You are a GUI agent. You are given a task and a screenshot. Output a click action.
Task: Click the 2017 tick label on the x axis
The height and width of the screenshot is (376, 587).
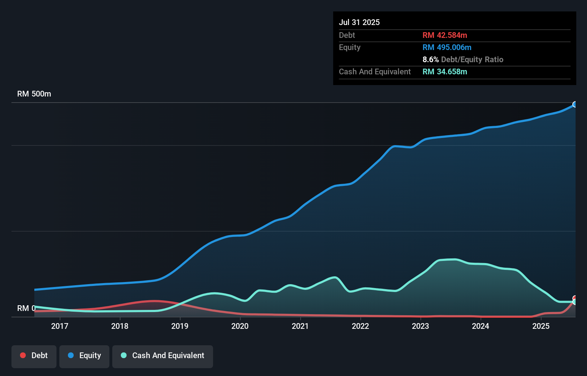60,326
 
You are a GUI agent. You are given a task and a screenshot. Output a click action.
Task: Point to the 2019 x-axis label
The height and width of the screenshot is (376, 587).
180,326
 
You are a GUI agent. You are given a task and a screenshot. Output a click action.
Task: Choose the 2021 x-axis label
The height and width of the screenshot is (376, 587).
300,326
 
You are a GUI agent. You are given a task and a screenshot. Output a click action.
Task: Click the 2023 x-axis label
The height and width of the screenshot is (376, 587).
420,326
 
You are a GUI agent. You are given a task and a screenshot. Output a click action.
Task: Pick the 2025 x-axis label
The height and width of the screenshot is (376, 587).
541,326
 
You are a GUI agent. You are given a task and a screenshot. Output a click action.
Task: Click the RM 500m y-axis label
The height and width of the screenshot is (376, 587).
34,94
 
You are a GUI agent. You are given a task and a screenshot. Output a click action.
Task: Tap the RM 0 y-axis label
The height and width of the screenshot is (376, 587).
26,308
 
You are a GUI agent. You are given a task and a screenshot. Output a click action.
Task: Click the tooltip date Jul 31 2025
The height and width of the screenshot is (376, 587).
359,22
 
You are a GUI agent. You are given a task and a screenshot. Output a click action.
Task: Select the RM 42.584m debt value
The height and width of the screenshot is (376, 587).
445,35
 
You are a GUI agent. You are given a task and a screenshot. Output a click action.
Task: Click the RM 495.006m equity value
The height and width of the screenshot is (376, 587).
447,47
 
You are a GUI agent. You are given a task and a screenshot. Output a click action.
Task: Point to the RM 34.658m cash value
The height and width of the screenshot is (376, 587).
445,71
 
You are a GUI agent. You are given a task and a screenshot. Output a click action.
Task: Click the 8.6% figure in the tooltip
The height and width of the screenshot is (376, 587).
430,59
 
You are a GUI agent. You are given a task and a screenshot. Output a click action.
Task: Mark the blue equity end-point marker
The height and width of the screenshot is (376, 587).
575,104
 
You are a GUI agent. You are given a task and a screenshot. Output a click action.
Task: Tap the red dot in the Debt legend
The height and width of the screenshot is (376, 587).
23,355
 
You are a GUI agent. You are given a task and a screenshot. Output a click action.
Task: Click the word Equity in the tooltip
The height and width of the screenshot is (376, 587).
350,47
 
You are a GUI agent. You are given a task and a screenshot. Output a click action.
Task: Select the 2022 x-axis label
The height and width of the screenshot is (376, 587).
360,326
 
